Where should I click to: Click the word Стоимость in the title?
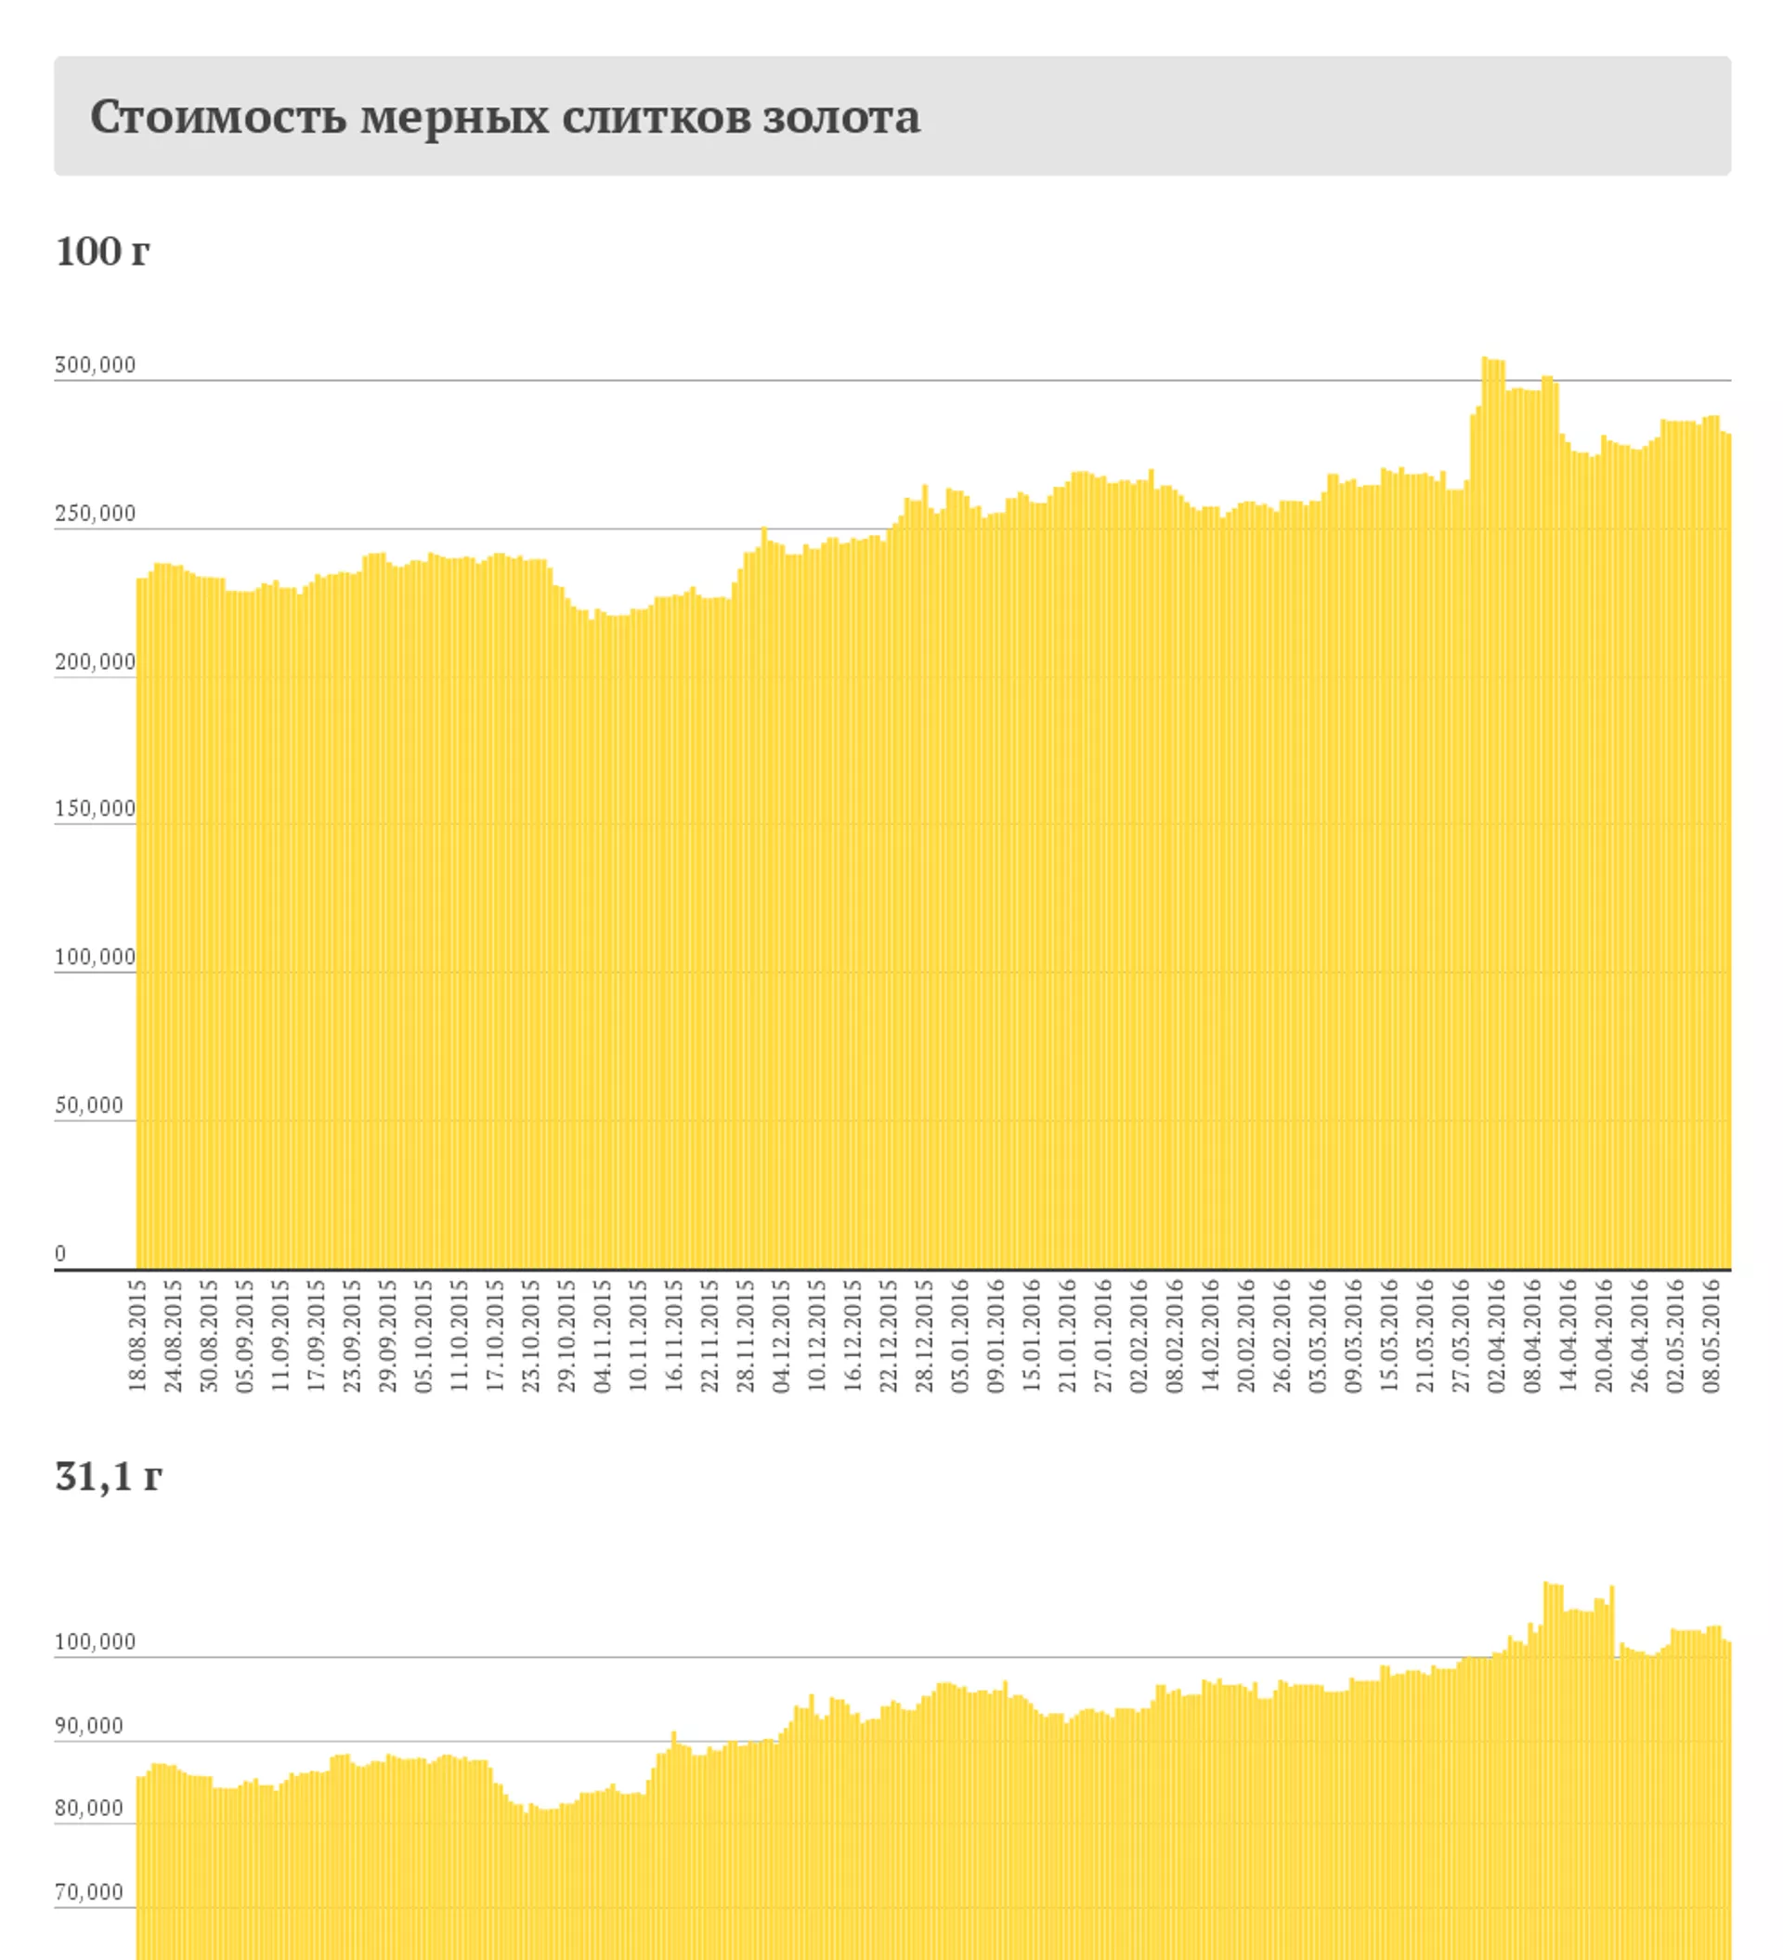point(218,117)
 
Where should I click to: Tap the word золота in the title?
point(841,117)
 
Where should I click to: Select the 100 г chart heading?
point(102,251)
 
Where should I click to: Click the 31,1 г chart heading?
point(108,1476)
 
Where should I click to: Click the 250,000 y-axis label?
point(96,514)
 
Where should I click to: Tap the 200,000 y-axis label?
point(96,661)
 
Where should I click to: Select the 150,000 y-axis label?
point(96,808)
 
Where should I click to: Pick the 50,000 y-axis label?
point(89,1104)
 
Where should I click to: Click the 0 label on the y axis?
point(60,1253)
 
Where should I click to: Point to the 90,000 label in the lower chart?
point(89,1725)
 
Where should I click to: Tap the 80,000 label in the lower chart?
point(89,1808)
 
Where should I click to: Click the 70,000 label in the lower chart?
point(89,1891)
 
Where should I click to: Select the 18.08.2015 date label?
point(137,1335)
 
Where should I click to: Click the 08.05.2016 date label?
point(1711,1335)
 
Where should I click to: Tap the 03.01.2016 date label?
point(959,1335)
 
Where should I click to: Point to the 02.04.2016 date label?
point(1496,1335)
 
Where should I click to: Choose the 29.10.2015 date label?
point(566,1335)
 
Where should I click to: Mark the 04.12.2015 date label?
point(781,1335)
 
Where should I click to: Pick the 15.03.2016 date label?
point(1389,1335)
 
